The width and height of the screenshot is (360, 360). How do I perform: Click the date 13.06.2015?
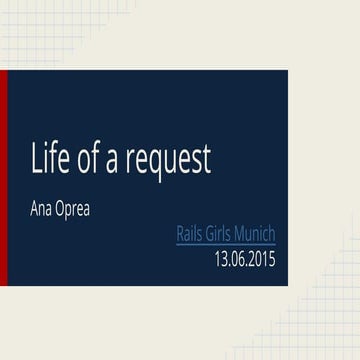pyautogui.click(x=244, y=259)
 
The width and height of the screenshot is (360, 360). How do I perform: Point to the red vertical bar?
pyautogui.click(x=3, y=178)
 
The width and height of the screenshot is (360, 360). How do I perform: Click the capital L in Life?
pyautogui.click(x=37, y=160)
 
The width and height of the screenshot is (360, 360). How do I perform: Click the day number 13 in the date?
pyautogui.click(x=221, y=259)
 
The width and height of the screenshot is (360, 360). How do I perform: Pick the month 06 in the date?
pyautogui.click(x=238, y=259)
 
